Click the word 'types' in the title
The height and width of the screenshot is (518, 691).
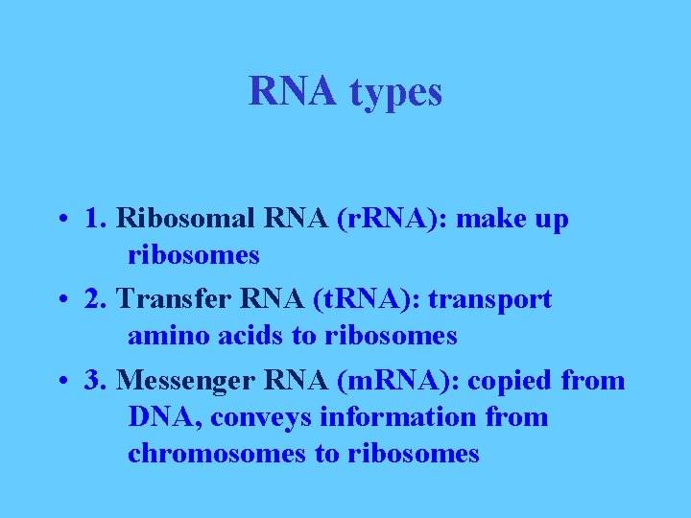tap(396, 93)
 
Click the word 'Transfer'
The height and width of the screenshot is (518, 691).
tap(169, 300)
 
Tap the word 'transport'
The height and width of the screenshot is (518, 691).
tap(490, 300)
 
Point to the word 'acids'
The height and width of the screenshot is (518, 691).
tap(243, 337)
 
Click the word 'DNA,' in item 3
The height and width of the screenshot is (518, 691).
tap(165, 417)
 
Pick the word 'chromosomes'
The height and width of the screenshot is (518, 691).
tap(217, 454)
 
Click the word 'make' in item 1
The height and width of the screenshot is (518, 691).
tap(490, 220)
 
